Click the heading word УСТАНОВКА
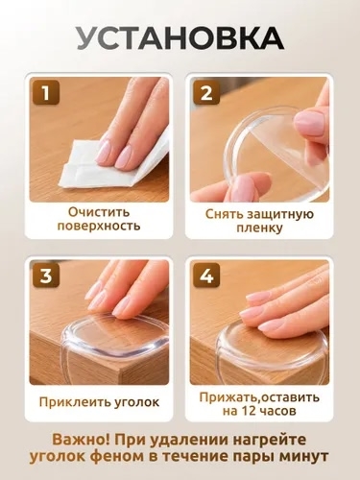(180, 38)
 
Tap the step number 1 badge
(46, 92)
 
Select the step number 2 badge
(206, 92)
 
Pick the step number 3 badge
(46, 276)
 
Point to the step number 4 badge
(206, 276)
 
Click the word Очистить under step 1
(99, 212)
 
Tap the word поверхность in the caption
(99, 226)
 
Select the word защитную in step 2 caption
(277, 214)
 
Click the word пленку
(259, 228)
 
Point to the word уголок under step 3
(137, 402)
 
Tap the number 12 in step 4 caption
(250, 411)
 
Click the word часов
(278, 411)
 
